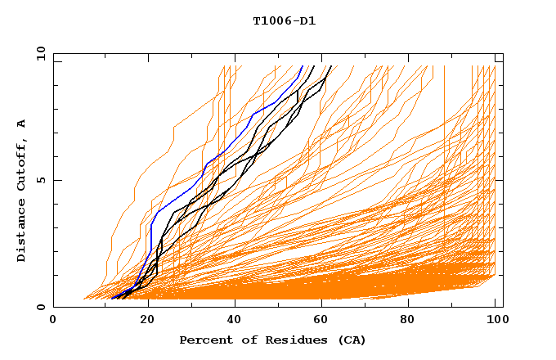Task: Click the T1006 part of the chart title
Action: [x=269, y=20]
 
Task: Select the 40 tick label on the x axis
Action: [x=234, y=322]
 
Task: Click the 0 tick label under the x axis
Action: [x=54, y=322]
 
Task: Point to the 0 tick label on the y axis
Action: [x=42, y=308]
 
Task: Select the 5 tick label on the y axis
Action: [x=42, y=180]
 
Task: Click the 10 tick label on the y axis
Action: [x=39, y=52]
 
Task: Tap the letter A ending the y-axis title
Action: [x=22, y=124]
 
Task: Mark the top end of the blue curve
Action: [x=302, y=66]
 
